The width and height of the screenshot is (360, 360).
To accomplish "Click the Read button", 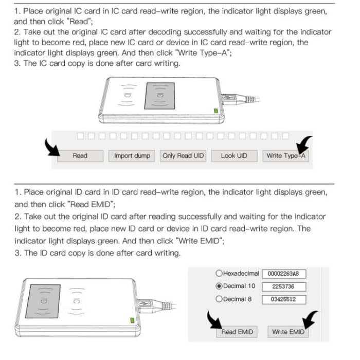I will [x=80, y=156].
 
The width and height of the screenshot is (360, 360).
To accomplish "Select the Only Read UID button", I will [x=183, y=156].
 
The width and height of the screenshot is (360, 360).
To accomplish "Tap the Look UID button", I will [x=234, y=156].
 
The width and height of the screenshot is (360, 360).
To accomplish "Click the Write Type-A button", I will [x=285, y=156].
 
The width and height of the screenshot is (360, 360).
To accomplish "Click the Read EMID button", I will [x=237, y=332].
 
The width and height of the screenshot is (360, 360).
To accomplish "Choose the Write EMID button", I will [x=287, y=332].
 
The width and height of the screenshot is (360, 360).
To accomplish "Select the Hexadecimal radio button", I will [x=219, y=274].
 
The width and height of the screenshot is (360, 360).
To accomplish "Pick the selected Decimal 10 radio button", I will [x=219, y=286].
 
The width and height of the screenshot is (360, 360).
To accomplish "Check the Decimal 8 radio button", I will [x=219, y=299].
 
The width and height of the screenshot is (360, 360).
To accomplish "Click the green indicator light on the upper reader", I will [x=215, y=110].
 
